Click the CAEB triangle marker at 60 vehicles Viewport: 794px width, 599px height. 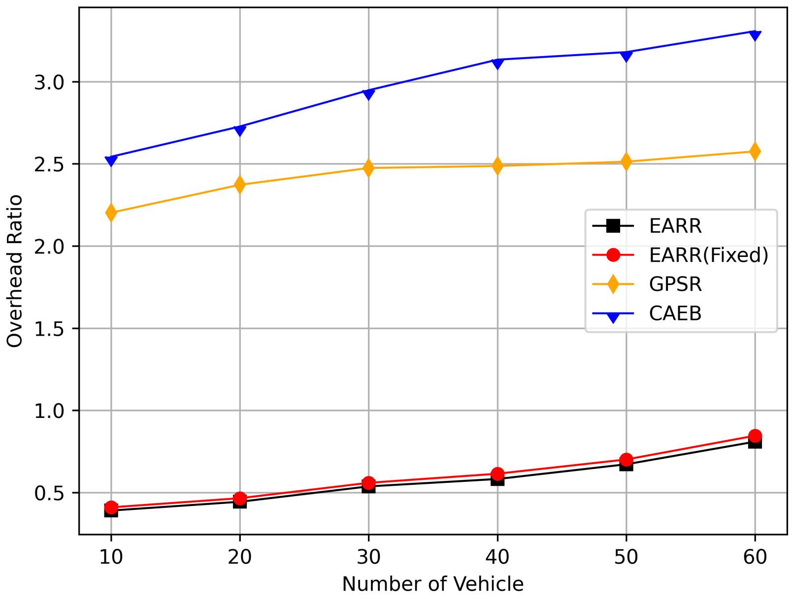(755, 35)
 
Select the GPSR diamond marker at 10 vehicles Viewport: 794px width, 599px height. (111, 213)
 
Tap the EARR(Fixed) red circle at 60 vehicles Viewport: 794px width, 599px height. (755, 436)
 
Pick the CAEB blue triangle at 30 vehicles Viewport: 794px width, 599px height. (368, 94)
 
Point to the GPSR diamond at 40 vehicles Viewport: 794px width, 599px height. (497, 166)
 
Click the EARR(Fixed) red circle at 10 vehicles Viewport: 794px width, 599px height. (111, 507)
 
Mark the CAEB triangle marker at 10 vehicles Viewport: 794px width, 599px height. (111, 160)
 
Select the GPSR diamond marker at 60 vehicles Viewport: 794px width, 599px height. (755, 152)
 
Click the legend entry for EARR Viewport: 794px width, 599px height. (675, 226)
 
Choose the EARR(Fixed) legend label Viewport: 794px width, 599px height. (708, 255)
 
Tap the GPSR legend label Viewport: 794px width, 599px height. (675, 284)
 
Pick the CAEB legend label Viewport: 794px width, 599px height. (675, 314)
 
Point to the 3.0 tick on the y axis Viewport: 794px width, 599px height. (49, 82)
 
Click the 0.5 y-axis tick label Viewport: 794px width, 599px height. (49, 493)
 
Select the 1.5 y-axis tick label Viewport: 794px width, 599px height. (49, 329)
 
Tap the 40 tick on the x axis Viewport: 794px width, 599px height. (497, 557)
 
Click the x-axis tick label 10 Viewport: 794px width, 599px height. (111, 557)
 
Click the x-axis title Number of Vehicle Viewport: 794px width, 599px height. (432, 584)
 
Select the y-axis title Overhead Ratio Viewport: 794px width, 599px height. (15, 271)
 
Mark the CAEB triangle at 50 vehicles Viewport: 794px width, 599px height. (626, 56)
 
